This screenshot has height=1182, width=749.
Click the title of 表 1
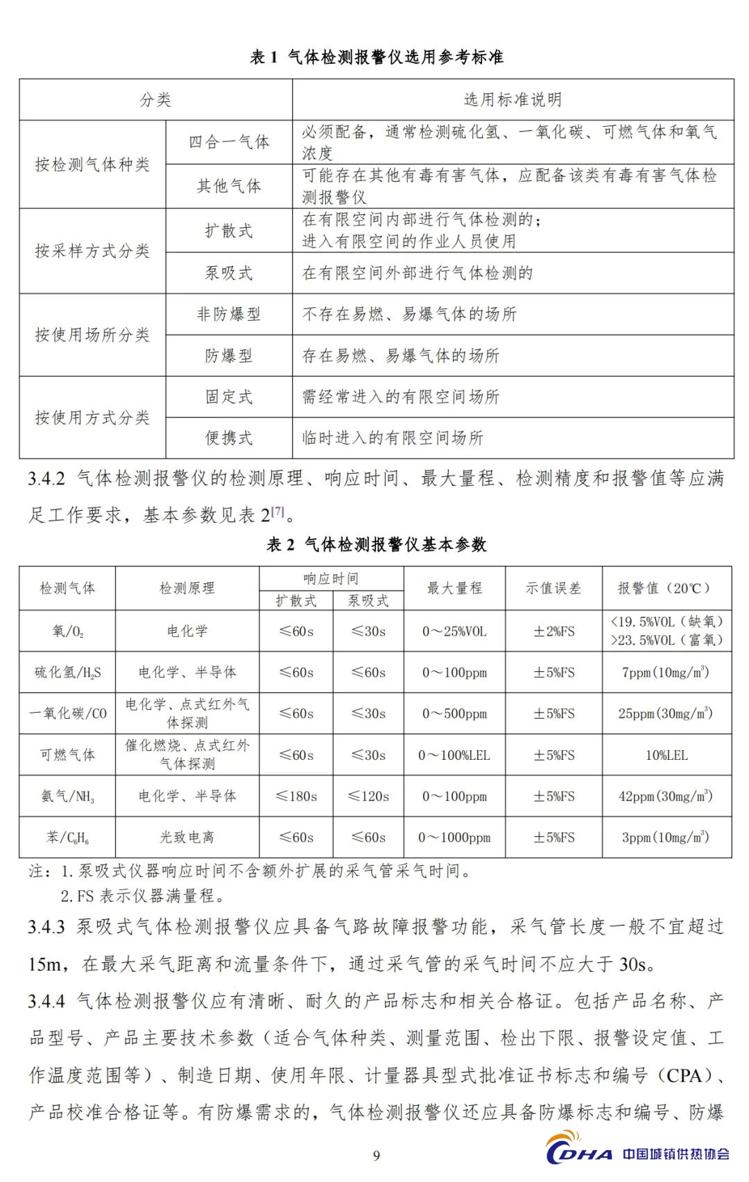pyautogui.click(x=377, y=58)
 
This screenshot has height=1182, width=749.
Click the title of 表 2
pyautogui.click(x=377, y=545)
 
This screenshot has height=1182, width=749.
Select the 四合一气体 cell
pyautogui.click(x=229, y=142)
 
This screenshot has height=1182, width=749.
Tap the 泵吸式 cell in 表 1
pyautogui.click(x=229, y=273)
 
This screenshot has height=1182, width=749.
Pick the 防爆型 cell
pyautogui.click(x=229, y=356)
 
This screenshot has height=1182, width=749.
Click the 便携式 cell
pyautogui.click(x=229, y=438)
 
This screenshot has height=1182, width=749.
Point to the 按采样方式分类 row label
pyautogui.click(x=92, y=251)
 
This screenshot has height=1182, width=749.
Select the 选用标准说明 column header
pyautogui.click(x=513, y=100)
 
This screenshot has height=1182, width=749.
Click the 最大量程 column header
pyautogui.click(x=454, y=589)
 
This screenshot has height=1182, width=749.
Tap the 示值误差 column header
pyautogui.click(x=553, y=589)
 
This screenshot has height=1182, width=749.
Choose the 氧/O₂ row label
pyautogui.click(x=67, y=631)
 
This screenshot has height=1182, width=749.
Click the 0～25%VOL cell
pyautogui.click(x=454, y=632)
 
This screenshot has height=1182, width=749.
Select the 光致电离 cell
pyautogui.click(x=187, y=837)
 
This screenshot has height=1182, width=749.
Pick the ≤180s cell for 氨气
pyautogui.click(x=296, y=797)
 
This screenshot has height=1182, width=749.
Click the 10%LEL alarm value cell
pyautogui.click(x=666, y=755)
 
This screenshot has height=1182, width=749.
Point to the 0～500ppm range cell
pyautogui.click(x=454, y=714)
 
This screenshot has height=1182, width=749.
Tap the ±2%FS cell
pyautogui.click(x=553, y=632)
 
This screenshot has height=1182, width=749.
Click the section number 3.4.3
pyautogui.click(x=46, y=928)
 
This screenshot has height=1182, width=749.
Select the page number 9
pyautogui.click(x=377, y=1155)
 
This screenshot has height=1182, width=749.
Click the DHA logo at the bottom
pyautogui.click(x=580, y=1152)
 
